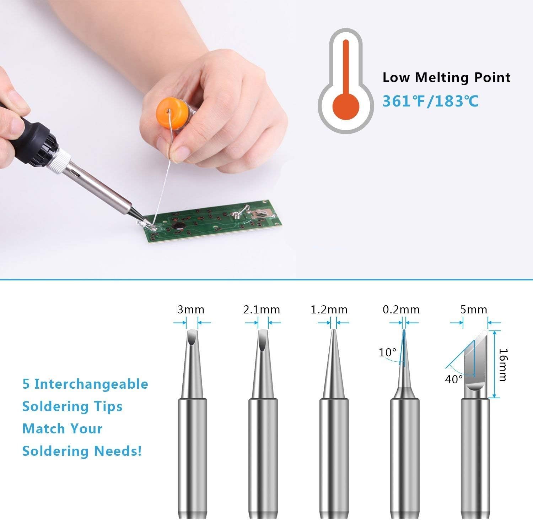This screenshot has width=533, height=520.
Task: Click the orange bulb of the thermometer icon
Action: click(x=345, y=105)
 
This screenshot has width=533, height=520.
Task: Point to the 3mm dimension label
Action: click(x=191, y=310)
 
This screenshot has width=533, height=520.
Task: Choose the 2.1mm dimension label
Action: click(x=262, y=310)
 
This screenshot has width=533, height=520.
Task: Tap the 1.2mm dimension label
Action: click(x=329, y=310)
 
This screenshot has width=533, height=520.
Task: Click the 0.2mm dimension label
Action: click(x=401, y=310)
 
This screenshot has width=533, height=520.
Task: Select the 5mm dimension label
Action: click(x=474, y=310)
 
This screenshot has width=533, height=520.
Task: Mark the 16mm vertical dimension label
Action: click(x=502, y=365)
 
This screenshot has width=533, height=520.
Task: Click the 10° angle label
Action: click(x=387, y=352)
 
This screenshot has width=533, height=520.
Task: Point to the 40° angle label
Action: click(x=454, y=379)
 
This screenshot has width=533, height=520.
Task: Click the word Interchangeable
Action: click(x=91, y=384)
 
